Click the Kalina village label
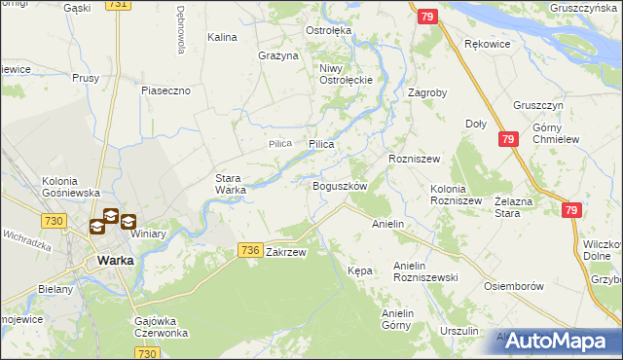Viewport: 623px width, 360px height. (223, 38)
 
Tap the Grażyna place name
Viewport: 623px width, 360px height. (277, 55)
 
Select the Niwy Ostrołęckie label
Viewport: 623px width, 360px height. (340, 74)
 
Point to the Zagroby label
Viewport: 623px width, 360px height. (427, 93)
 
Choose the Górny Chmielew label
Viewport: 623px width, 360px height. (556, 133)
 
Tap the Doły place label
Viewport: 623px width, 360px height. (476, 124)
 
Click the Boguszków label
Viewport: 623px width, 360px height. (339, 186)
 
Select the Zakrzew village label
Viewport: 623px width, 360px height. (286, 252)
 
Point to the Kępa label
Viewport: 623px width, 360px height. (360, 270)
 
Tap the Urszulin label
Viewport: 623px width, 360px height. (458, 331)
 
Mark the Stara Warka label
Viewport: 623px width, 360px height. (231, 184)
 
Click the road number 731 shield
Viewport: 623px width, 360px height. (118, 5)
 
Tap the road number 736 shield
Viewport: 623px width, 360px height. (249, 251)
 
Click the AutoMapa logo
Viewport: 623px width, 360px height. (558, 342)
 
